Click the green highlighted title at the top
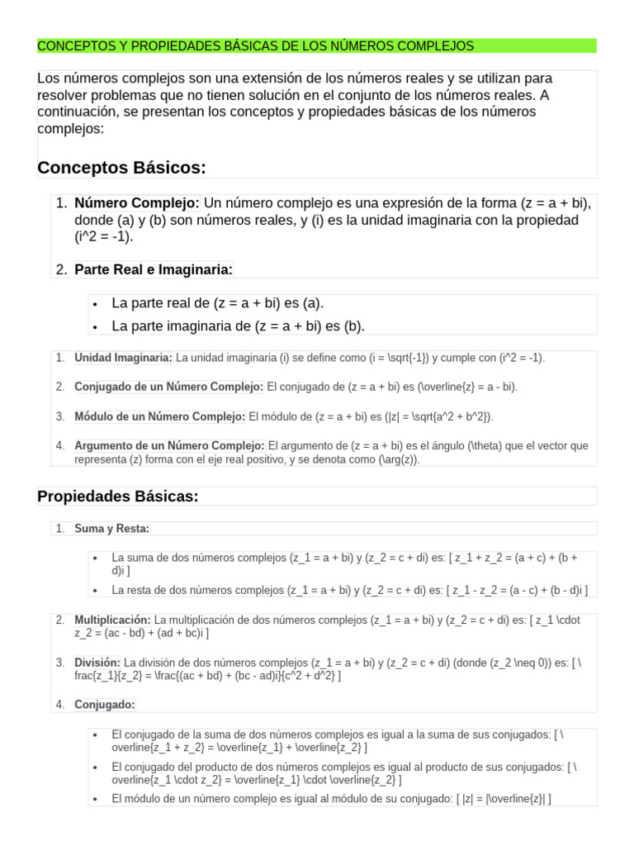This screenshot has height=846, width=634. (256, 46)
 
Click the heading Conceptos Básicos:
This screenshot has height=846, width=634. (121, 168)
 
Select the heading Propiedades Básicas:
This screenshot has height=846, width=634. (118, 496)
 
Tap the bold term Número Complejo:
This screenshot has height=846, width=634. (137, 203)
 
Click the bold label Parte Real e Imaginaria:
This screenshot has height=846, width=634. (154, 269)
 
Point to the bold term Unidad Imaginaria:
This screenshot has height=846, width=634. (123, 358)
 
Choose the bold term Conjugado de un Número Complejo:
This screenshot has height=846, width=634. (169, 387)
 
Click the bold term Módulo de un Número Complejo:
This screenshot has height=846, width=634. (159, 416)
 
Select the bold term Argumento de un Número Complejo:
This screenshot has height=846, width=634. (169, 445)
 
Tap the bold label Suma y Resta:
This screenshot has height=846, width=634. (111, 529)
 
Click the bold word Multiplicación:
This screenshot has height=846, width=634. (112, 620)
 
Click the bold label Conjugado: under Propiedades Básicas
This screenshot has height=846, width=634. (104, 705)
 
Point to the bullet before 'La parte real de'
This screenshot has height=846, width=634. (97, 304)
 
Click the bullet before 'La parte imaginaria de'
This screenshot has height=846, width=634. (97, 327)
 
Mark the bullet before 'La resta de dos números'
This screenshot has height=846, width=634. (97, 591)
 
